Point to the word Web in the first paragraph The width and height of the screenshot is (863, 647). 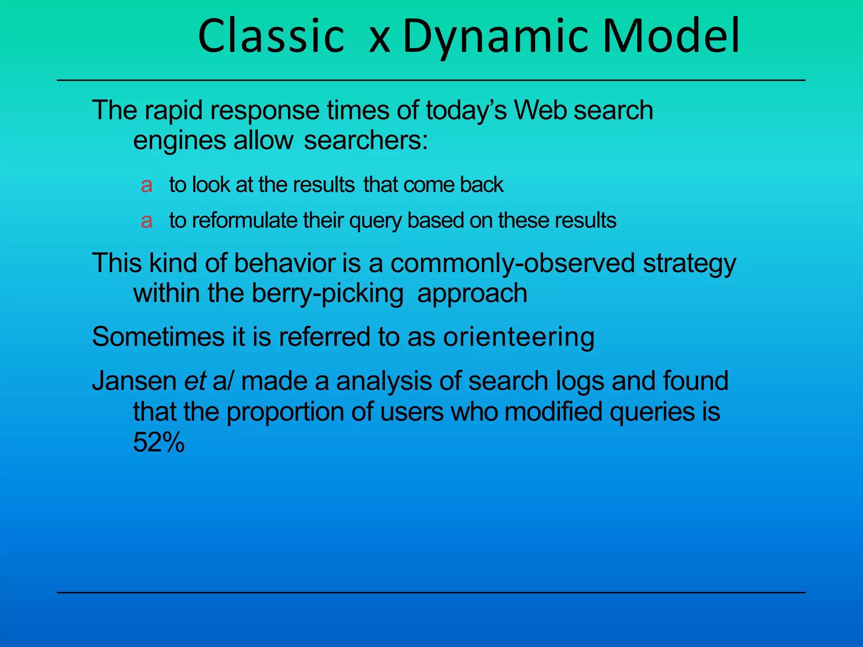pos(540,110)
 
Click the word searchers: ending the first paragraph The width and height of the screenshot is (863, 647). pos(366,140)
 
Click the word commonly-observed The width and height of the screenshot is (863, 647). pos(512,264)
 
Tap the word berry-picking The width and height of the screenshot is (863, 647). pos(327,294)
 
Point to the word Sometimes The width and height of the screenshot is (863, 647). pos(158,337)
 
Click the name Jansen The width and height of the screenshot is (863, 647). pos(134,381)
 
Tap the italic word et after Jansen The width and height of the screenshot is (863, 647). pos(195,381)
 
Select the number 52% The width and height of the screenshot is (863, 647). pos(159,443)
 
